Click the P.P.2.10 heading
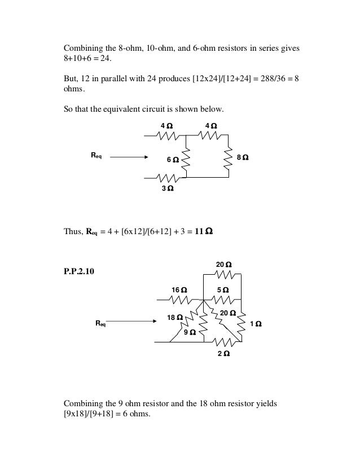[80, 272]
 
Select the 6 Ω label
[173, 160]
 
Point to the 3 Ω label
[168, 189]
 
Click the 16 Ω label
[179, 290]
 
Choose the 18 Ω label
[175, 318]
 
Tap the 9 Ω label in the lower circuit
[190, 332]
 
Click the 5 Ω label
[223, 290]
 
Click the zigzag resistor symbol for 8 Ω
[229, 159]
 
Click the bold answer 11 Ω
[204, 231]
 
